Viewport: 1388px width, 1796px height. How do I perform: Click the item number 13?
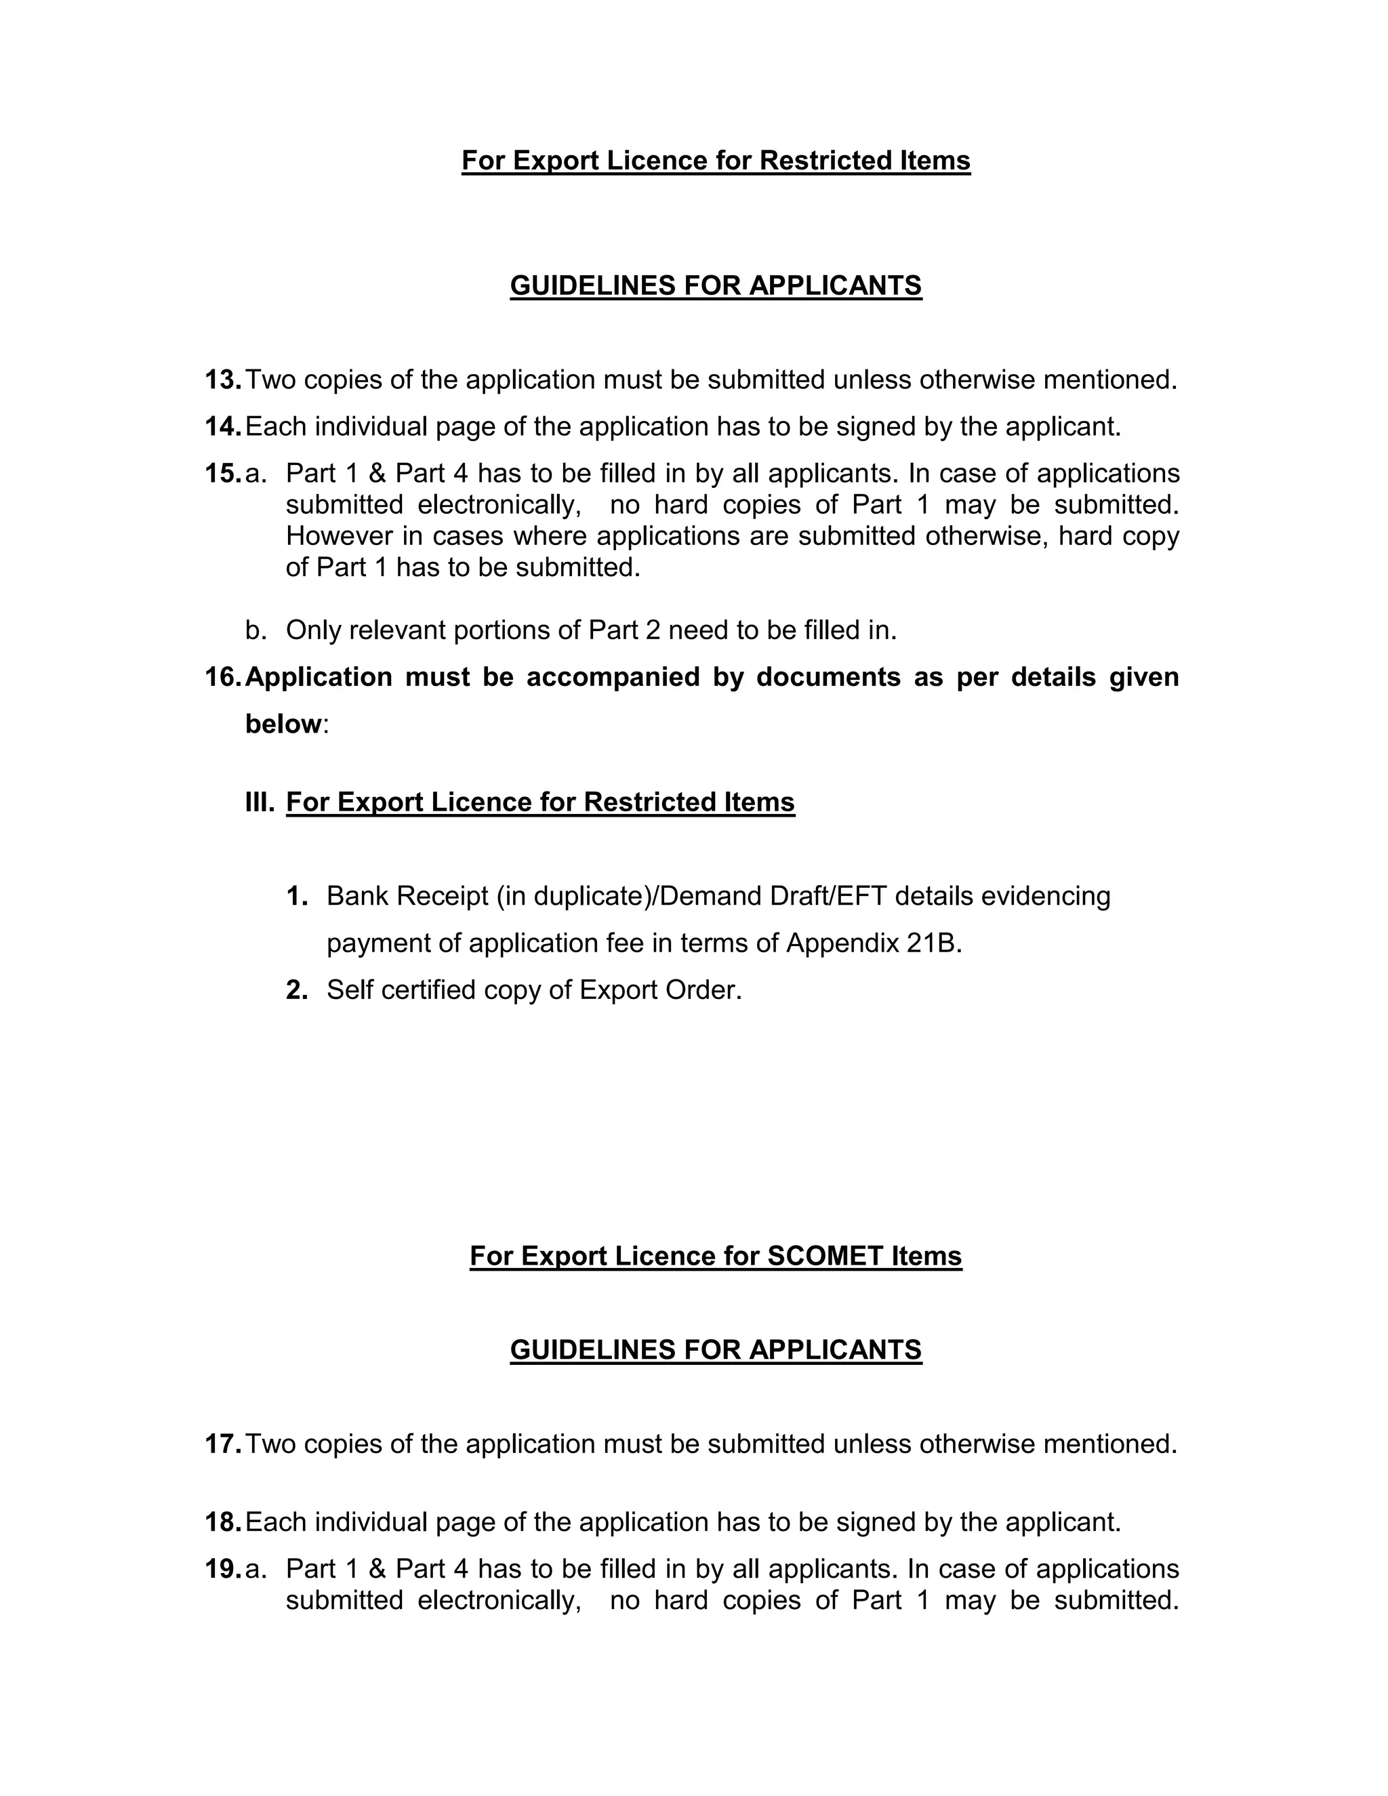222,380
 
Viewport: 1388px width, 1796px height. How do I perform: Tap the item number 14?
222,427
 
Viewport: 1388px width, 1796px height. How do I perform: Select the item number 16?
222,677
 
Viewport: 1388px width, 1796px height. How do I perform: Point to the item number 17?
222,1444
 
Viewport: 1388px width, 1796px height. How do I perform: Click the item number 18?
222,1522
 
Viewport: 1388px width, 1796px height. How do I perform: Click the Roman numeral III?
259,802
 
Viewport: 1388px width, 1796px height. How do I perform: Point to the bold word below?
283,724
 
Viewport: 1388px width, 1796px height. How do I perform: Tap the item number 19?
222,1569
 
